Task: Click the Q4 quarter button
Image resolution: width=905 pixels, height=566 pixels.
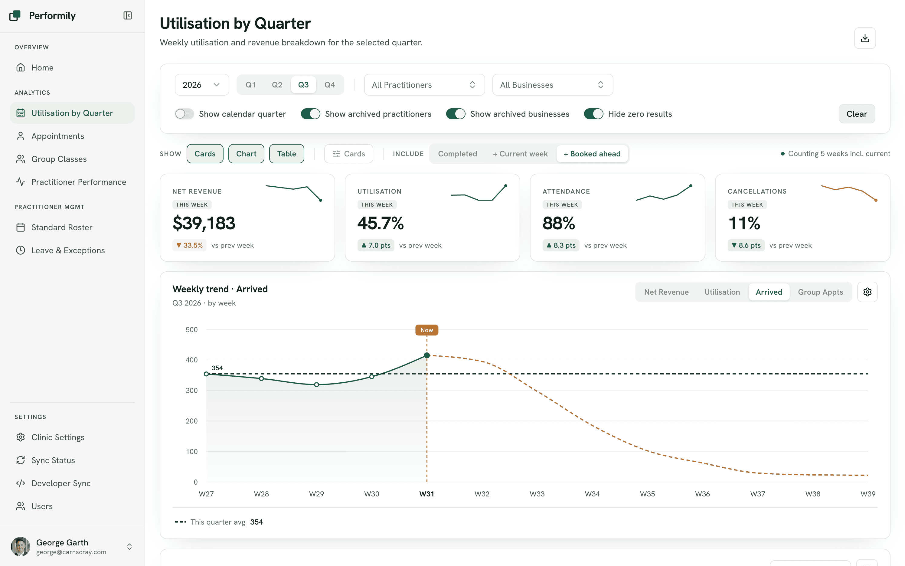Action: pyautogui.click(x=329, y=85)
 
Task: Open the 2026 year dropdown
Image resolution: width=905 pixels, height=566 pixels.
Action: pyautogui.click(x=202, y=85)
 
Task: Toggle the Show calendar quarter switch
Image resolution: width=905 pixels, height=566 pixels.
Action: pyautogui.click(x=185, y=114)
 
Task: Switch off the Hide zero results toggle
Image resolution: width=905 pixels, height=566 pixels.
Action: pyautogui.click(x=593, y=114)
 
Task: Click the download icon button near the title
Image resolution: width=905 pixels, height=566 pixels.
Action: pyautogui.click(x=864, y=38)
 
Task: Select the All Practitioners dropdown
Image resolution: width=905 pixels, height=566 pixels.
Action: pyautogui.click(x=424, y=85)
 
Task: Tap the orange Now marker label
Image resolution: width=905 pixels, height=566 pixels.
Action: pyautogui.click(x=427, y=330)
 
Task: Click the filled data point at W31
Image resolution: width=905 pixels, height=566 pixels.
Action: pyautogui.click(x=427, y=355)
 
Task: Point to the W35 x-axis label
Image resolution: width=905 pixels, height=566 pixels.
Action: pyautogui.click(x=647, y=494)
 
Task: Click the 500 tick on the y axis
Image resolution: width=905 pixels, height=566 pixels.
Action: pyautogui.click(x=192, y=329)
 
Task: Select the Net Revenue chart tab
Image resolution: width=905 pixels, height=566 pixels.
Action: pyautogui.click(x=666, y=292)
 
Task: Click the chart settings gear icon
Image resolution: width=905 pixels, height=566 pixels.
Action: pyautogui.click(x=867, y=292)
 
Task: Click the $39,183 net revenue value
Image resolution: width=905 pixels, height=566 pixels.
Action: pyautogui.click(x=204, y=223)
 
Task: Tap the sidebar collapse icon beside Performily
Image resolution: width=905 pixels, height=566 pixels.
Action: pyautogui.click(x=128, y=15)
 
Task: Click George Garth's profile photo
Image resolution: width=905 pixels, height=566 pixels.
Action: pyautogui.click(x=21, y=547)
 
